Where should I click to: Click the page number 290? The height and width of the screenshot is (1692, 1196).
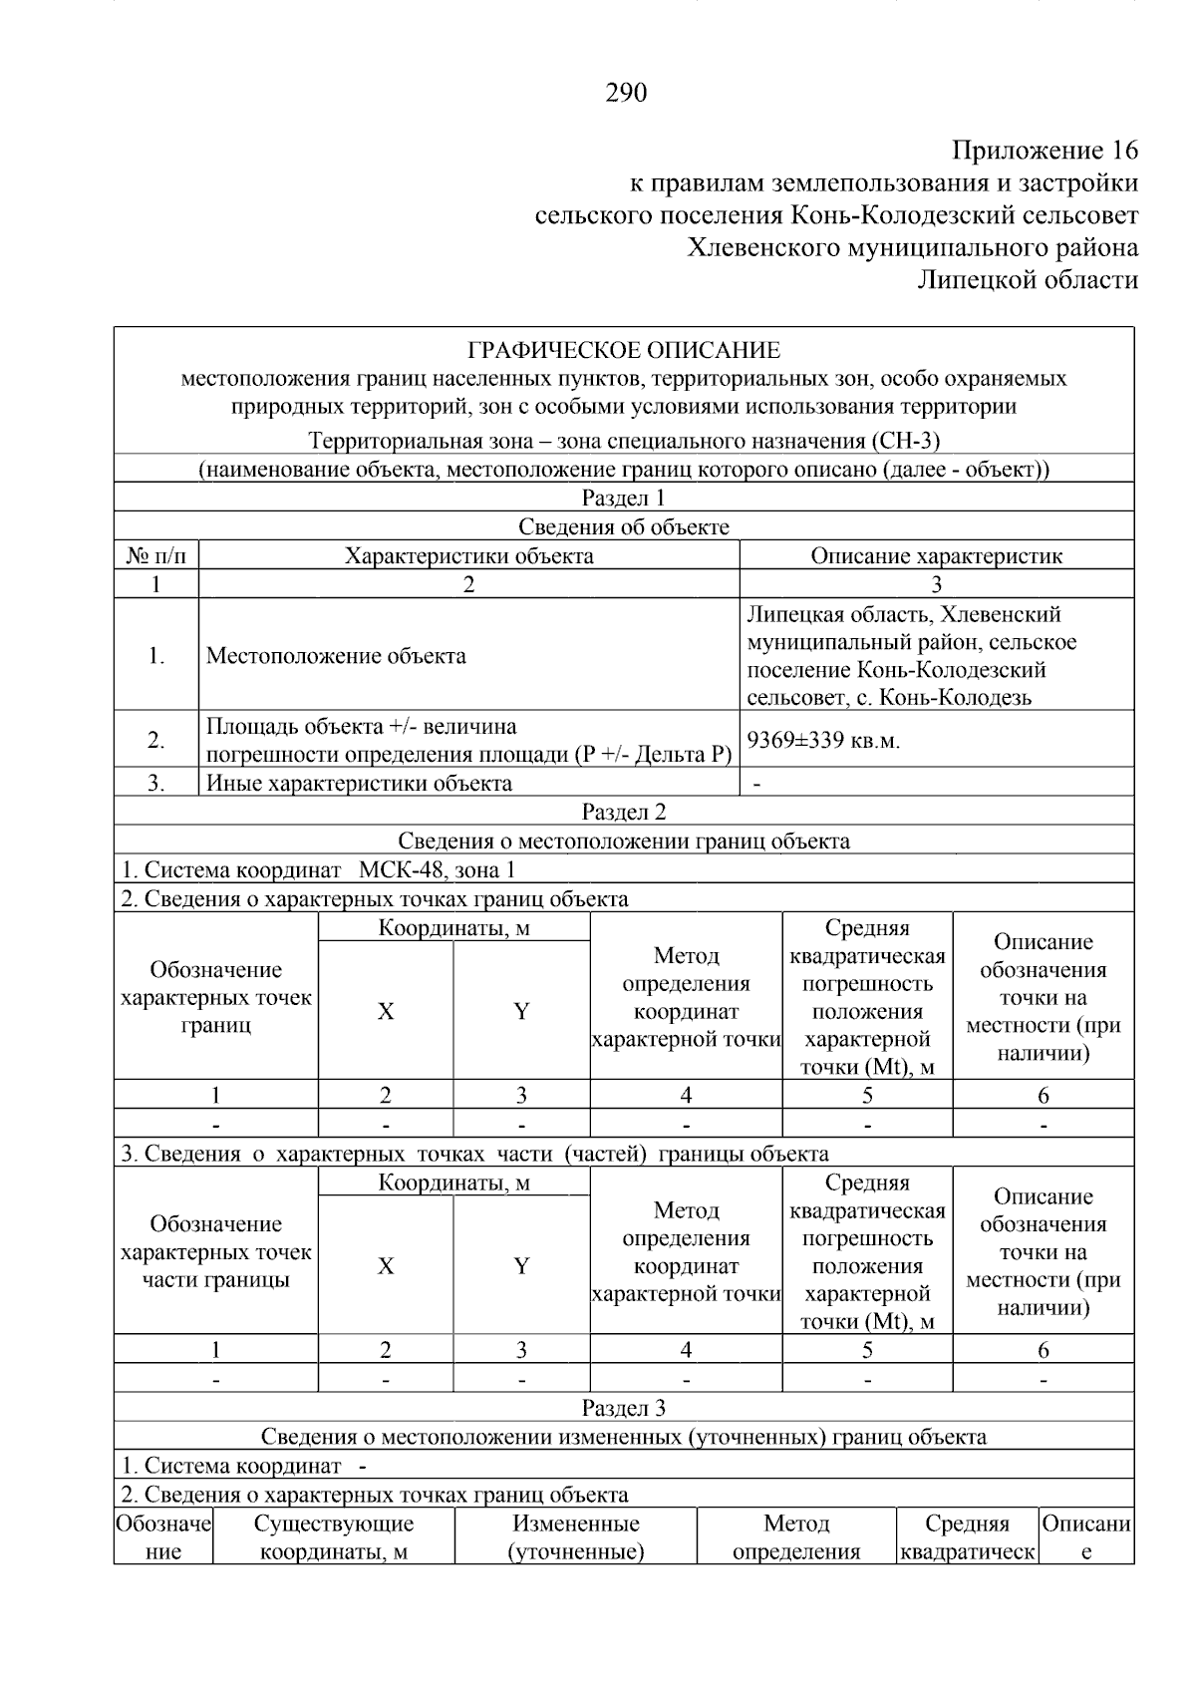click(626, 94)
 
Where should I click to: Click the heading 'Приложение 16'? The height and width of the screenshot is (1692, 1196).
click(1045, 151)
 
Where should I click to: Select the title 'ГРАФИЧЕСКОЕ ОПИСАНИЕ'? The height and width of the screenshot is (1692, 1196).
click(624, 350)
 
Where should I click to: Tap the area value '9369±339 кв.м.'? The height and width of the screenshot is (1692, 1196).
click(823, 740)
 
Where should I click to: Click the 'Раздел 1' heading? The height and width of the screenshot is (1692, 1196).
click(624, 498)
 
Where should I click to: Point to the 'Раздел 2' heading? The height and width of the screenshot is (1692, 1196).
click(624, 812)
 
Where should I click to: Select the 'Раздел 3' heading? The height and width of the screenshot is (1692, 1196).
click(624, 1408)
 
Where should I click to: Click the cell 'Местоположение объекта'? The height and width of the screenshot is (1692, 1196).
click(336, 656)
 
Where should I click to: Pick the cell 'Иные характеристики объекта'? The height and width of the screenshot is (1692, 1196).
click(359, 783)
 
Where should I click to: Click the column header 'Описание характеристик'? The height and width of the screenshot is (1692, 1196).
click(936, 555)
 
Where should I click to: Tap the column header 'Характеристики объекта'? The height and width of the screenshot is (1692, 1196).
click(468, 555)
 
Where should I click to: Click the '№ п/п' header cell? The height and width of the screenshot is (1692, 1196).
click(155, 555)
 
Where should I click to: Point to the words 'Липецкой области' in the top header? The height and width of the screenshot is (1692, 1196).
click(1027, 280)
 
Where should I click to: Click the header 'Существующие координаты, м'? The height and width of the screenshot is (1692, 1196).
click(334, 1537)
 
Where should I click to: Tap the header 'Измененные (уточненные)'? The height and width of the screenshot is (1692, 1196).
click(576, 1537)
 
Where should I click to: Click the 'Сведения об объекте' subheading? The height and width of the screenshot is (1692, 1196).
click(624, 526)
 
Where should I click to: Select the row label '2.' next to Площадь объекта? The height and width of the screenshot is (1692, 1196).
click(155, 740)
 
